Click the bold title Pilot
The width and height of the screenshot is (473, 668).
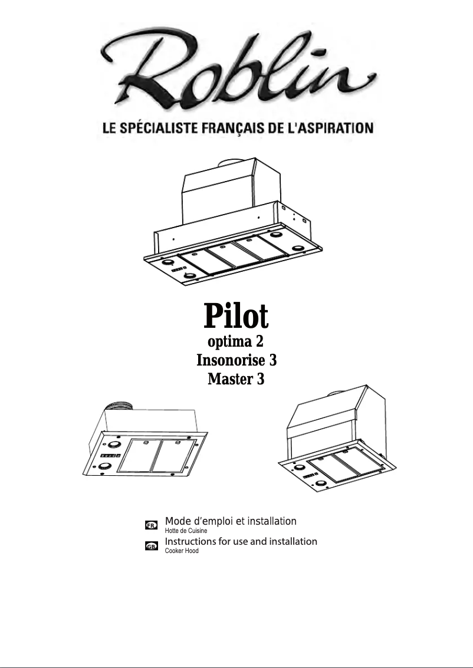[236, 316]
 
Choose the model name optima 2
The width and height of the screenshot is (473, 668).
[236, 341]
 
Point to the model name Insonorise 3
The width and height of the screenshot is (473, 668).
[236, 360]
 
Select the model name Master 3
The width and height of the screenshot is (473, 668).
[236, 380]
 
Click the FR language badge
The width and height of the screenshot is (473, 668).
[151, 524]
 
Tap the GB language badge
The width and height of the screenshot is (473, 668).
[151, 547]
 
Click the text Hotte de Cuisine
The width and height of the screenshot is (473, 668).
[185, 531]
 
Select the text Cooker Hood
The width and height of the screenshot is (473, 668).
[181, 551]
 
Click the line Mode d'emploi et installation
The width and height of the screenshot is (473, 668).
[230, 521]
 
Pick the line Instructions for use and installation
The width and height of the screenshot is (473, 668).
[241, 541]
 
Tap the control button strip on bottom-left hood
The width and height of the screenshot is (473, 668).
[110, 456]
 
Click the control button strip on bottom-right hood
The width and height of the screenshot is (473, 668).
[311, 474]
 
